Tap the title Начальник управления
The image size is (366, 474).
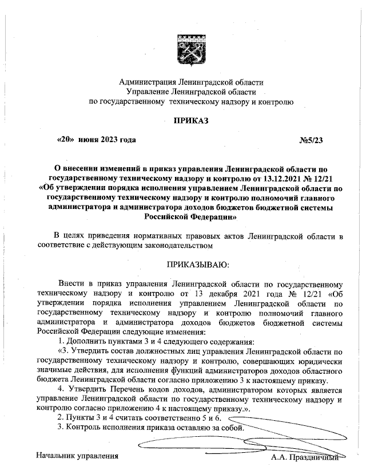77,456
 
